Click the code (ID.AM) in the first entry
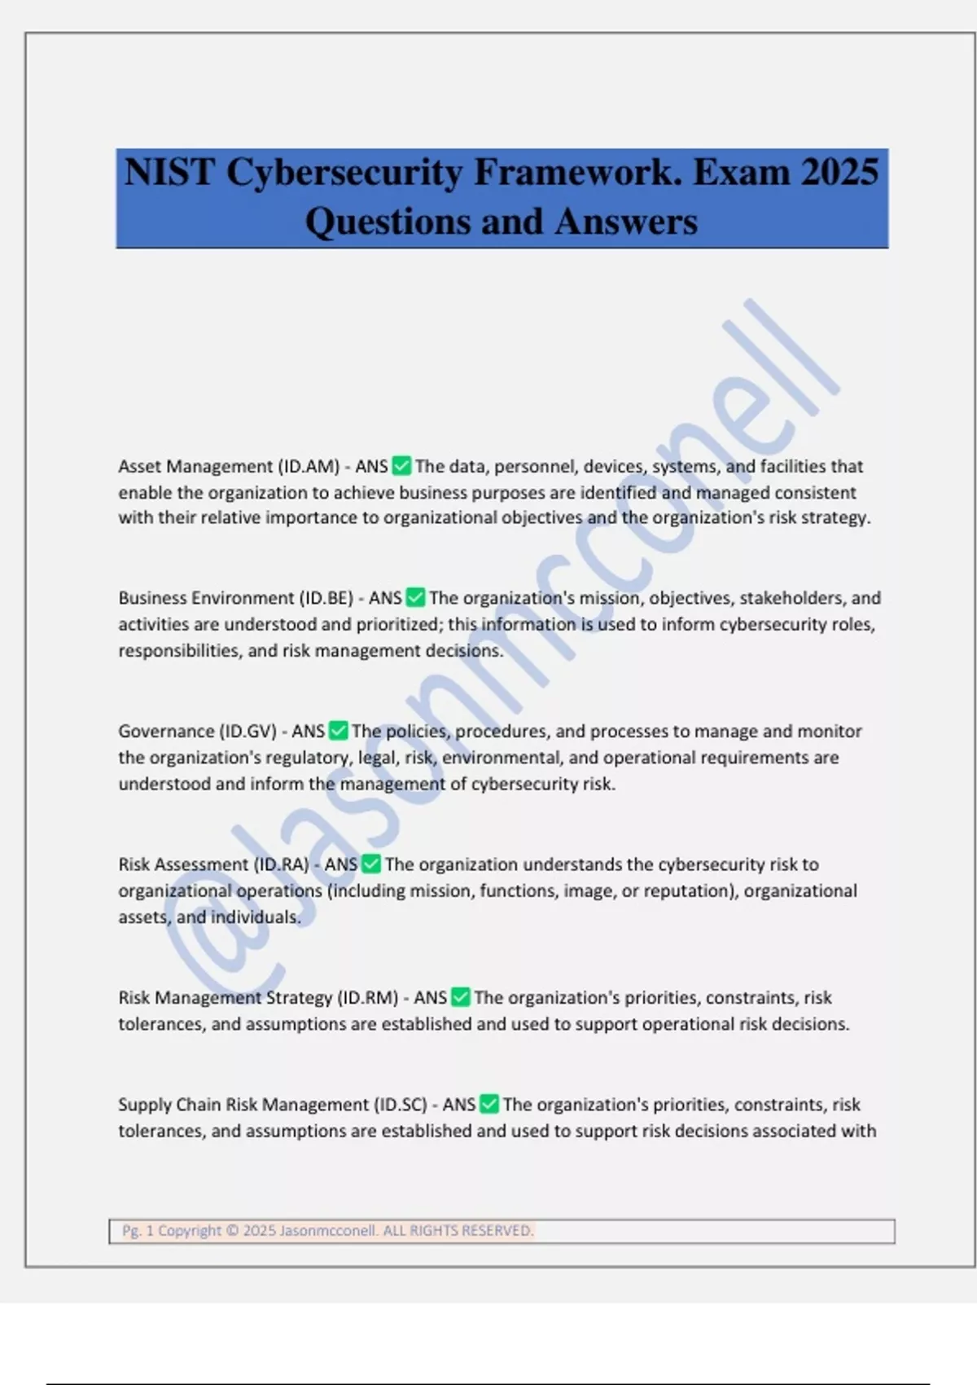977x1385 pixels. click(x=309, y=467)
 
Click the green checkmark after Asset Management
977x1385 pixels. click(x=401, y=466)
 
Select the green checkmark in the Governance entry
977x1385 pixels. click(x=338, y=731)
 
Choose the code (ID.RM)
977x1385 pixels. click(x=368, y=998)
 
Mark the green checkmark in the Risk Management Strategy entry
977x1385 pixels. click(x=460, y=997)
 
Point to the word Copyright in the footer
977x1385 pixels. click(x=190, y=1230)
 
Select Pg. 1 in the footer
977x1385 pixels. click(x=138, y=1230)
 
